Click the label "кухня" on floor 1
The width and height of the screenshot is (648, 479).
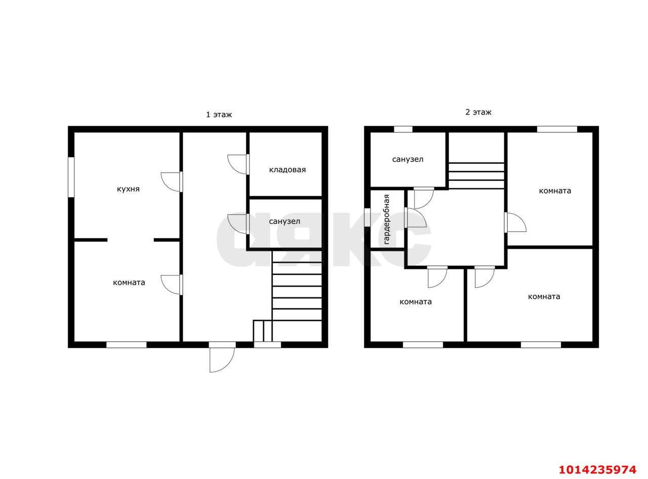point(128,189)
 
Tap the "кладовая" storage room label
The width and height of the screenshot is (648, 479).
point(287,170)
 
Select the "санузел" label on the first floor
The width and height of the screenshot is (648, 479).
point(285,222)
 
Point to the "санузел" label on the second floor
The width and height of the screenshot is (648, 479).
point(407,159)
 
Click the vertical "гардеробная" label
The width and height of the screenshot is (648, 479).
point(386,219)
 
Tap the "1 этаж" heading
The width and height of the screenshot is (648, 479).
point(219,114)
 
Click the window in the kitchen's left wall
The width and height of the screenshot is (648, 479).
point(71,177)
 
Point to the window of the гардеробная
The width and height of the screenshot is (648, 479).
point(367,217)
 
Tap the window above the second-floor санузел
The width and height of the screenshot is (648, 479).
point(403,129)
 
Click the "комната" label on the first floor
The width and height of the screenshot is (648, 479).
point(129,283)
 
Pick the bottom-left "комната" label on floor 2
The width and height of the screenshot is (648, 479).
point(416,302)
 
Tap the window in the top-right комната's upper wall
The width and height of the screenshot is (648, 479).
point(557,129)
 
